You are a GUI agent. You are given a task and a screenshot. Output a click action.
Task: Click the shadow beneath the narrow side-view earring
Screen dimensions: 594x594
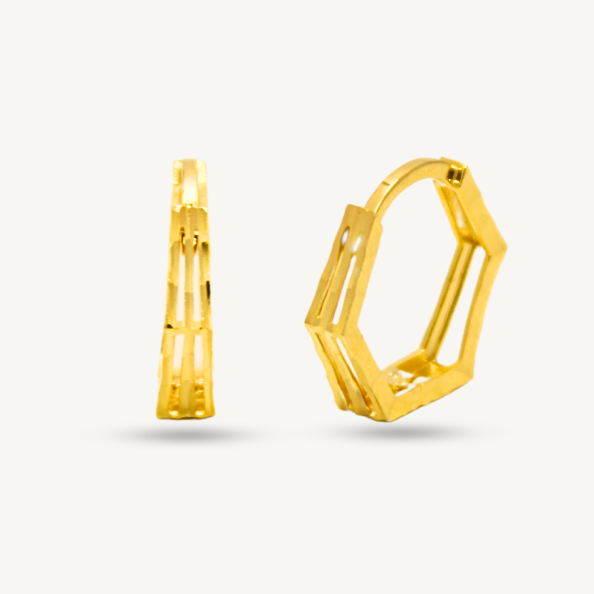[185, 435]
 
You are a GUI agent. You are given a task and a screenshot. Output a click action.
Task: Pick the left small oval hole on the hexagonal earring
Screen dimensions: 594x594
[345, 238]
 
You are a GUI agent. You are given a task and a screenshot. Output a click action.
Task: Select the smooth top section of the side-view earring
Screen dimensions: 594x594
[190, 182]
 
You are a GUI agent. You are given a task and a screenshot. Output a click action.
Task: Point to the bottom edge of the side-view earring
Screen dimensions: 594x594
[184, 415]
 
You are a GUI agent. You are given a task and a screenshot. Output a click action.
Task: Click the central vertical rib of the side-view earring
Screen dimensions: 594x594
[187, 286]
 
